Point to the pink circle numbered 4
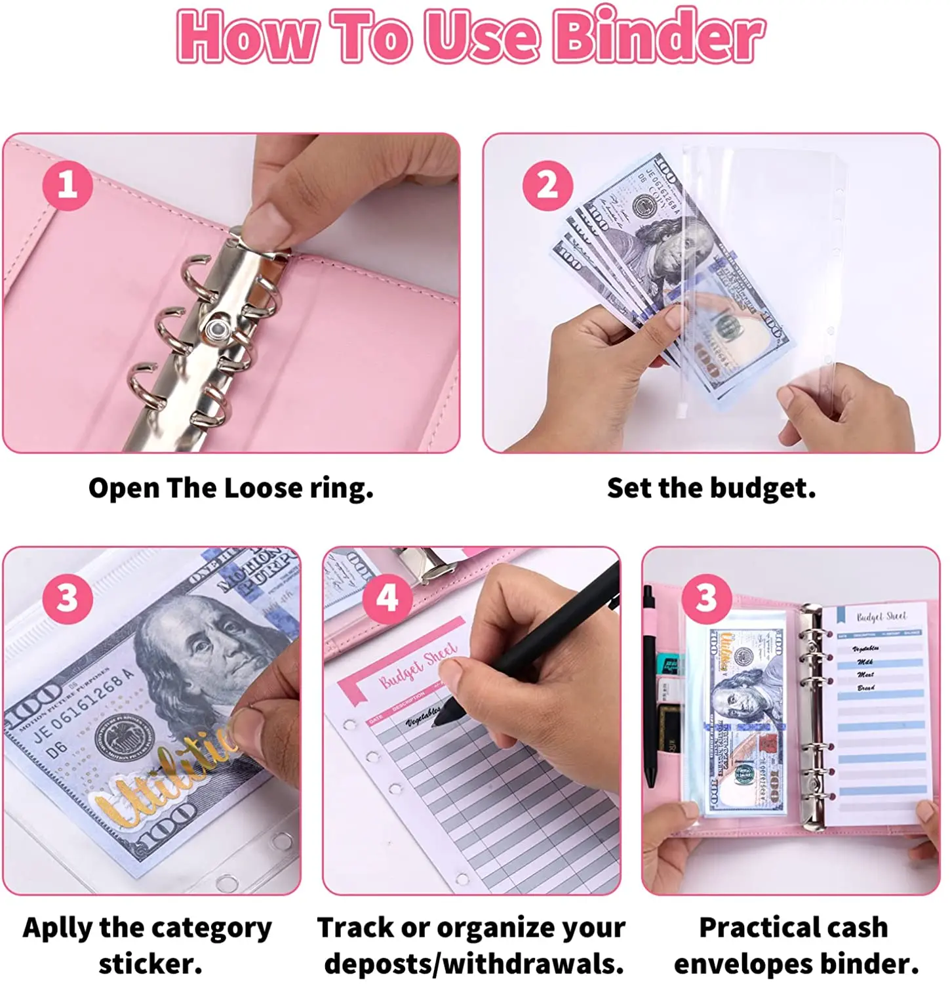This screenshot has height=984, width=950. (387, 598)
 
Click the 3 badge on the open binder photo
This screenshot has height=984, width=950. (706, 598)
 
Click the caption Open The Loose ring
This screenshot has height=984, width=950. (231, 489)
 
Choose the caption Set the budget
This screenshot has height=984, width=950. (711, 489)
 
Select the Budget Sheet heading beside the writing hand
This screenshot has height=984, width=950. (418, 666)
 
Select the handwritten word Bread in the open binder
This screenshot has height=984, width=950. (866, 687)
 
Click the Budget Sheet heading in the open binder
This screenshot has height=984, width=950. (881, 617)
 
